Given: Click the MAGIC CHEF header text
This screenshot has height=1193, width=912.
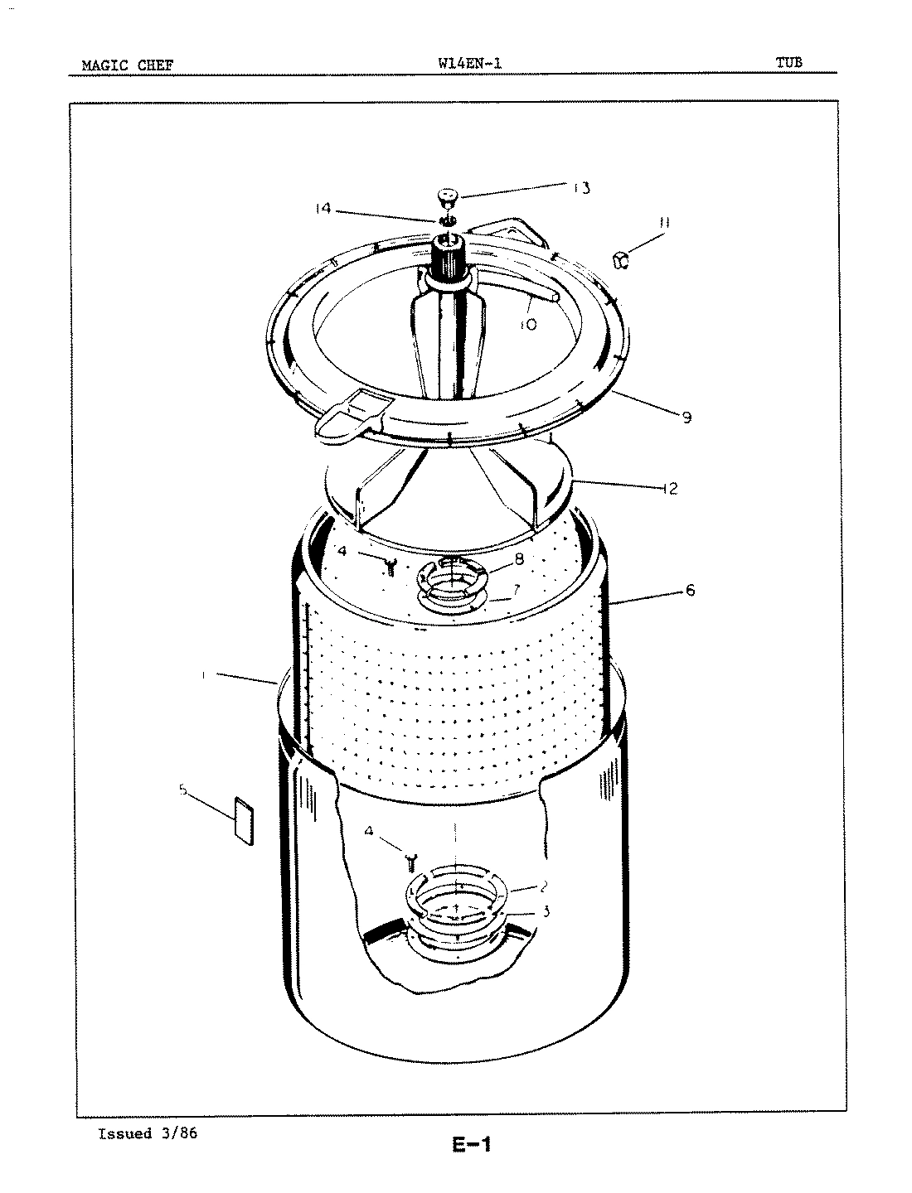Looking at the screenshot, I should pos(127,65).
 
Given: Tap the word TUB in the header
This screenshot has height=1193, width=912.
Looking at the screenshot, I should pos(788,62).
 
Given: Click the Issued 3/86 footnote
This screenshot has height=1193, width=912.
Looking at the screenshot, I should pos(148,1134).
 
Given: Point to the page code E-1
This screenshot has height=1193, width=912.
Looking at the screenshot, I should pos(472,1146).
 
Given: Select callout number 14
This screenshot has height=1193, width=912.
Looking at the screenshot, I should pos(322,210).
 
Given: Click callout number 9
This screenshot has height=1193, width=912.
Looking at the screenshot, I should pos(686,418).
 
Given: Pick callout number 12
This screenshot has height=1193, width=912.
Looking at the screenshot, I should pos(669,488).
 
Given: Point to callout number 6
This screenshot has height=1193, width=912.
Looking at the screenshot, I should pos(690,590).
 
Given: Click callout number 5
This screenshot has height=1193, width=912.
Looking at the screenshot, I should pos(183,790).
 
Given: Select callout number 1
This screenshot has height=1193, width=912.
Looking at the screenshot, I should pos(203,675).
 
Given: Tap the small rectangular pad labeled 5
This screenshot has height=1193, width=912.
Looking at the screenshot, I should pos(244,820).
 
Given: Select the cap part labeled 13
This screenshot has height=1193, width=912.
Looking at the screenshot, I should pos(447,196).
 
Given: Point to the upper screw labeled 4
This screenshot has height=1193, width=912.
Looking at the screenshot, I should pos(390,566).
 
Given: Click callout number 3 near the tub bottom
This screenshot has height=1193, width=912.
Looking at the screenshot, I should pos(545,911).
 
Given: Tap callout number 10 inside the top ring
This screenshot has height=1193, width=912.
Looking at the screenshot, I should pos(527,324).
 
